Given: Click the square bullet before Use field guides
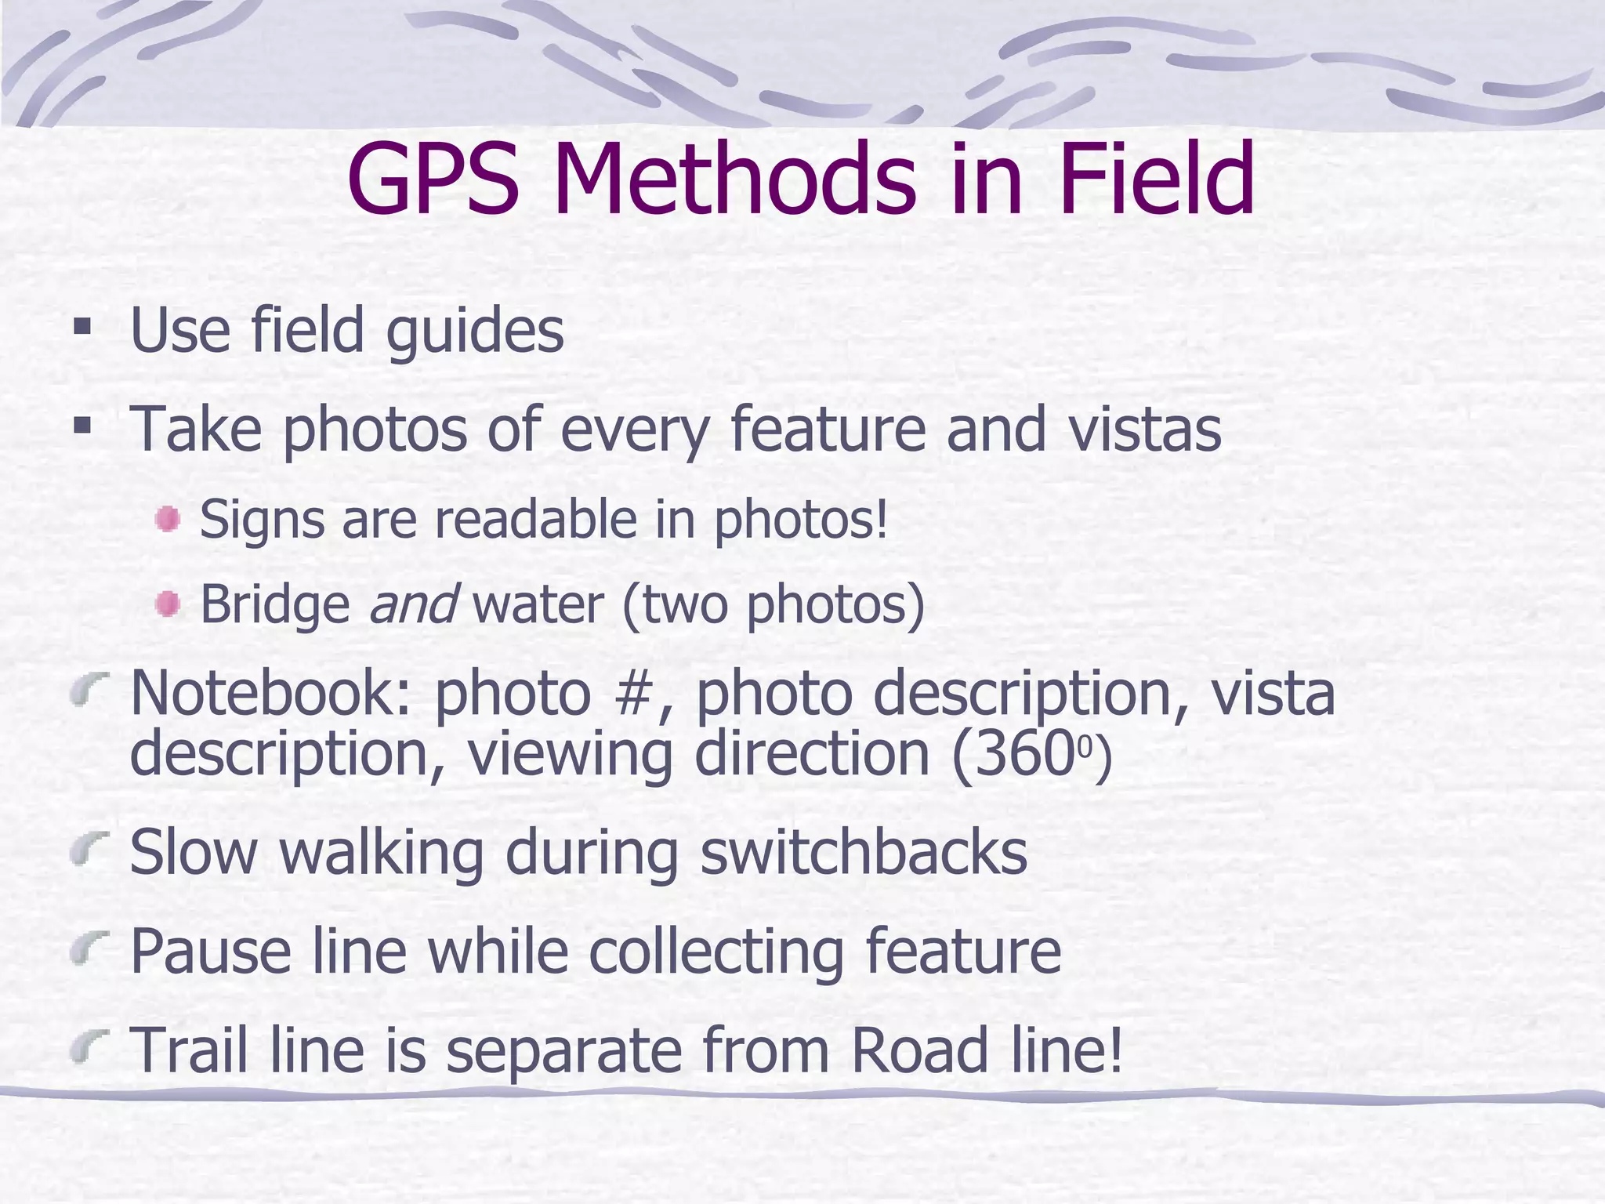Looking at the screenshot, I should click(x=82, y=326).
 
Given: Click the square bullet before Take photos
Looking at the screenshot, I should click(x=82, y=426).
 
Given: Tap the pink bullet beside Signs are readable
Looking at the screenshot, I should click(x=168, y=520).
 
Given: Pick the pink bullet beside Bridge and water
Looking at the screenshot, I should click(x=168, y=604).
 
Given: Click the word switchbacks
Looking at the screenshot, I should click(x=863, y=852).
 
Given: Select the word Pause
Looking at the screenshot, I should click(x=210, y=951).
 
